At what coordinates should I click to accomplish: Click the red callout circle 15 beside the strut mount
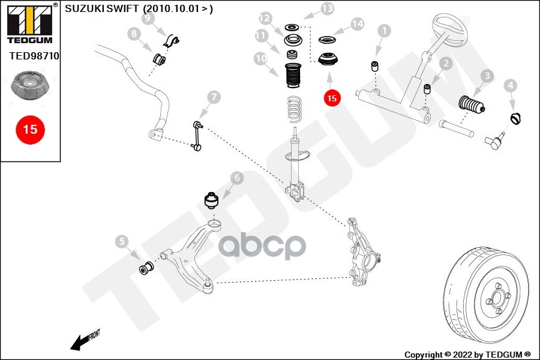click(x=332, y=98)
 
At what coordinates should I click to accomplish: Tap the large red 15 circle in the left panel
click(x=30, y=130)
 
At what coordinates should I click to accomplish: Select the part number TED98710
click(x=34, y=56)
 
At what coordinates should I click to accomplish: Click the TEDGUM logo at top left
click(x=31, y=23)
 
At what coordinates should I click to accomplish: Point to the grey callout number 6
click(x=237, y=178)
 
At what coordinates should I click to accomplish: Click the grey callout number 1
click(x=385, y=31)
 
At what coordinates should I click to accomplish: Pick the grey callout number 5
click(x=122, y=241)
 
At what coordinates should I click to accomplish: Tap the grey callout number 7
click(x=214, y=97)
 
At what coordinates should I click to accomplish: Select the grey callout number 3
click(x=487, y=76)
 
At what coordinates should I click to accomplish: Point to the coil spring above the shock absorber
click(x=295, y=109)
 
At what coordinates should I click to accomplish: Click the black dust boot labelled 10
click(x=292, y=76)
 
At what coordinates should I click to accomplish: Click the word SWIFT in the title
click(x=122, y=8)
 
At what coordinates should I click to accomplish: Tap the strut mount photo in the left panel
click(x=30, y=85)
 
